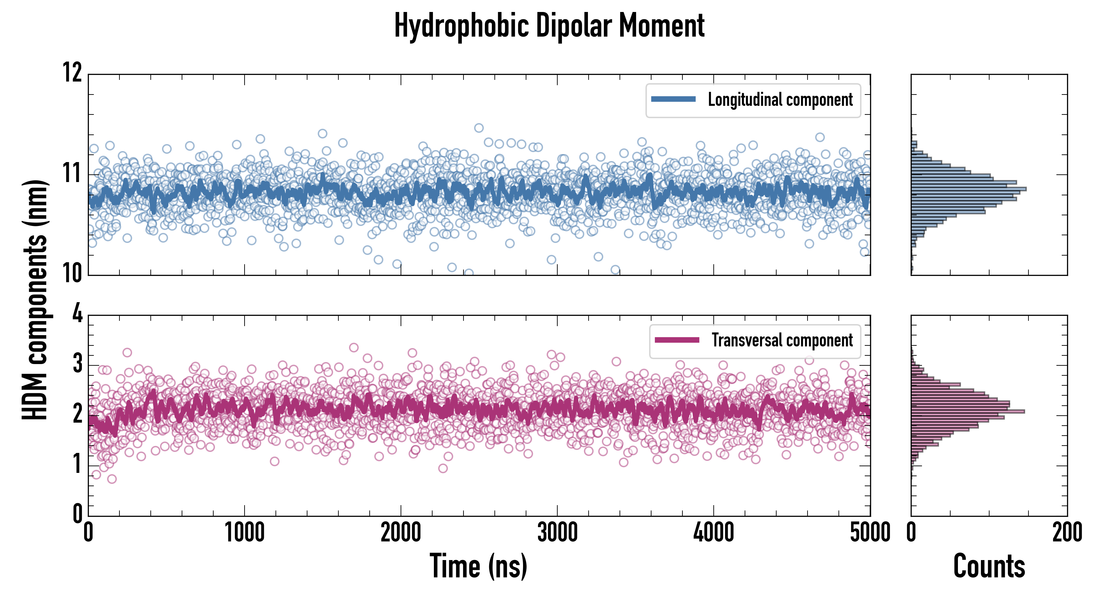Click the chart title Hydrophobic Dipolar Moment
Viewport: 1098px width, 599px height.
click(x=549, y=26)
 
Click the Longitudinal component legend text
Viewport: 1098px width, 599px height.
click(x=780, y=100)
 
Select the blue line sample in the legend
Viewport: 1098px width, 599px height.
click(x=673, y=100)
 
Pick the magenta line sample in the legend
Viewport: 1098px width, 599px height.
click(x=676, y=340)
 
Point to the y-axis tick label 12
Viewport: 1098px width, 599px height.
click(x=73, y=73)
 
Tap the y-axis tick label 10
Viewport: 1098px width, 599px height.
click(x=73, y=273)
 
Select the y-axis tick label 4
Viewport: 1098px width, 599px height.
click(x=77, y=314)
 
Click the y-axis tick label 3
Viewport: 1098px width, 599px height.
click(x=77, y=364)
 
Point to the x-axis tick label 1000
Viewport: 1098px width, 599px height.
click(x=245, y=532)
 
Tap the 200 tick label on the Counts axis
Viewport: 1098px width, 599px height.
click(x=1067, y=532)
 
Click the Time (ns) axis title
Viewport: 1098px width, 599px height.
click(x=478, y=566)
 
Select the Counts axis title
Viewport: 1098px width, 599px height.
click(x=989, y=566)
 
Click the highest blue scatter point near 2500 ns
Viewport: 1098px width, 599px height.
click(x=479, y=128)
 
